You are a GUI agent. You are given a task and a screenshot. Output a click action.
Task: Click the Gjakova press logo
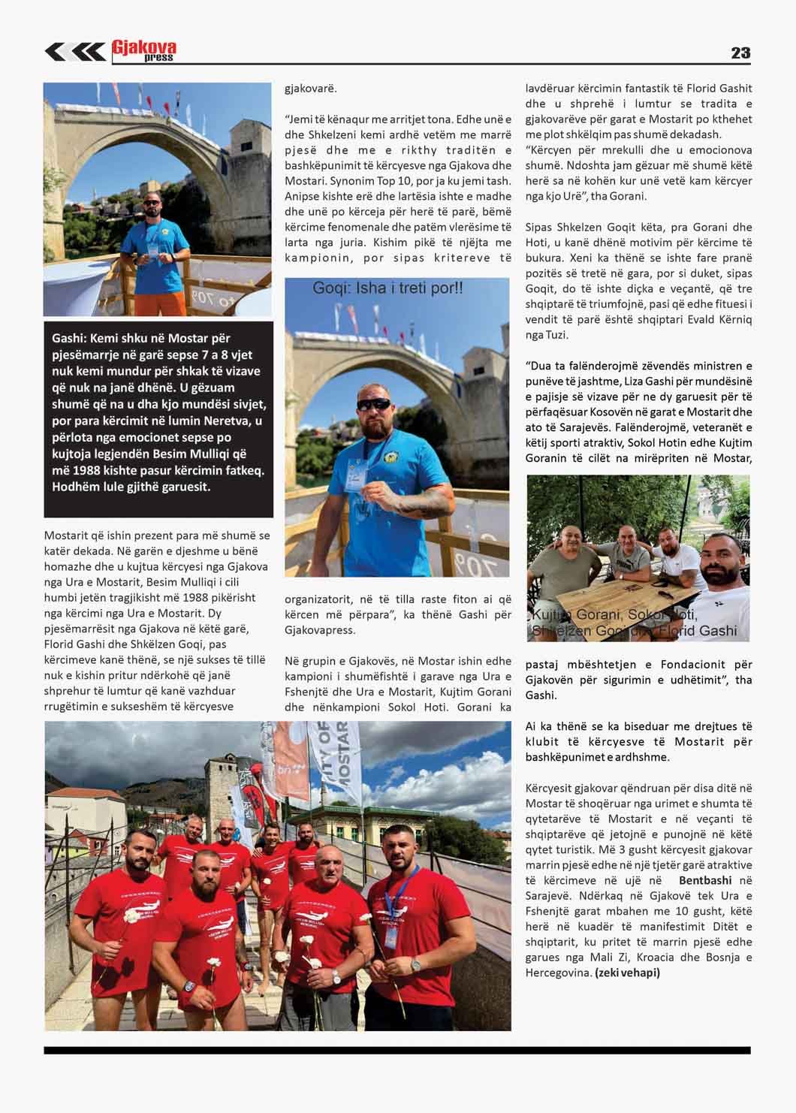(x=143, y=50)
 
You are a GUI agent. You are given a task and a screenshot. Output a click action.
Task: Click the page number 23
(x=740, y=53)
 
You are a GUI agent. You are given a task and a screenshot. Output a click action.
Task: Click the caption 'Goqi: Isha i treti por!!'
(x=387, y=288)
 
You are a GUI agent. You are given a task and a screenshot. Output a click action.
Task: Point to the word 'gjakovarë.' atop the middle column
(x=311, y=89)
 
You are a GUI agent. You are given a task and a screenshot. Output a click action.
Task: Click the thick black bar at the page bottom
(x=397, y=1049)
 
